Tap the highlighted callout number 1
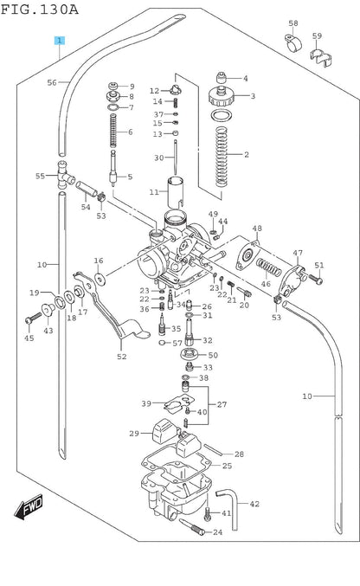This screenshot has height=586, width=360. [60, 41]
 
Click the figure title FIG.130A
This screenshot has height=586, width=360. [39, 10]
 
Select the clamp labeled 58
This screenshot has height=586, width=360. [293, 43]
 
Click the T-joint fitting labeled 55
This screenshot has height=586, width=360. [64, 175]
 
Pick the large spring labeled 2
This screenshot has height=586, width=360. [222, 157]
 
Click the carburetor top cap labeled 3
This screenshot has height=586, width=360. [221, 96]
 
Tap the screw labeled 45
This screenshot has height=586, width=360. [33, 319]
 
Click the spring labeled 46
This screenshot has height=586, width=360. [269, 267]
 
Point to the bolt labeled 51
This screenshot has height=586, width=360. [316, 279]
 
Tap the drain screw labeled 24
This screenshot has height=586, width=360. [192, 527]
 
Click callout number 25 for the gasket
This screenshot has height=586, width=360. [227, 466]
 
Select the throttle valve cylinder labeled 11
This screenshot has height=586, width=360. [175, 192]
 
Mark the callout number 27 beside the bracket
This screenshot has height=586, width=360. [222, 404]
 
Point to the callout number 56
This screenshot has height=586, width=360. [52, 82]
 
